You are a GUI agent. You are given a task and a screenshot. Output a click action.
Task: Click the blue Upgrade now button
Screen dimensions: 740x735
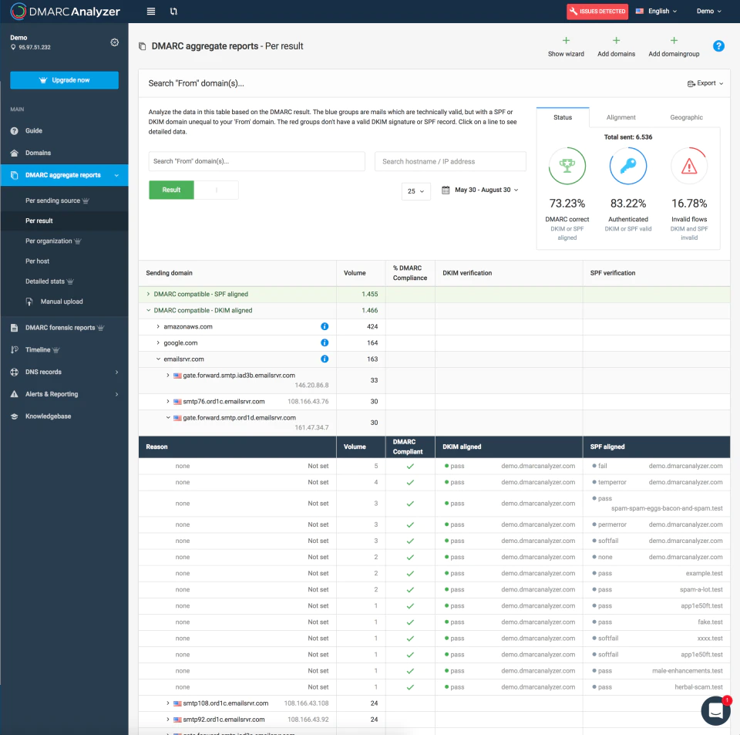pos(64,80)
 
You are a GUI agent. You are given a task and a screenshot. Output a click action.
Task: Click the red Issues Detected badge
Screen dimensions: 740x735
pos(597,12)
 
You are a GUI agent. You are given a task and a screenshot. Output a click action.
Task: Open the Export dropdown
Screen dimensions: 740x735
pos(705,83)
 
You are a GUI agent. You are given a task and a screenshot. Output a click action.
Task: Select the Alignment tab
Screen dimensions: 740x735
pos(621,117)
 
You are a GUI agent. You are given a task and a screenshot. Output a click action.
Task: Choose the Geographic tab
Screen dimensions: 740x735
pos(686,117)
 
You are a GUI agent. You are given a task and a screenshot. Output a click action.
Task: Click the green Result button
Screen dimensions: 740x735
pos(171,190)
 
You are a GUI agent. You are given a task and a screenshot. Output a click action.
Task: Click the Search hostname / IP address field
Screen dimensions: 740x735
pos(450,161)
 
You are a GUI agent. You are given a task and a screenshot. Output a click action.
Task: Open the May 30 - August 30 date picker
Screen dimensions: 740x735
pos(480,190)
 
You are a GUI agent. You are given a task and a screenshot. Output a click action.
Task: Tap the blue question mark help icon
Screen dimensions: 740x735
pos(718,46)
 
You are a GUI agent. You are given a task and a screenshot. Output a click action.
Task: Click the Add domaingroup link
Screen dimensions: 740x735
pos(674,47)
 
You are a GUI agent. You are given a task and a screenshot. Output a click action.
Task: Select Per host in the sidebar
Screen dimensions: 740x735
pos(37,261)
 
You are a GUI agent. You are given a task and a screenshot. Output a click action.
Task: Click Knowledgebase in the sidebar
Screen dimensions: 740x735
pos(48,416)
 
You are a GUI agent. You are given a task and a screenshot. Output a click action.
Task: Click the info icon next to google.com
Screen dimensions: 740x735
pos(325,342)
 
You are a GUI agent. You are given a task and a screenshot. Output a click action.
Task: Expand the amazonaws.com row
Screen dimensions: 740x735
pos(158,327)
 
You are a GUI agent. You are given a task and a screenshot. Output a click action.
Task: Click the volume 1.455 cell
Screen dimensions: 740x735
pos(369,294)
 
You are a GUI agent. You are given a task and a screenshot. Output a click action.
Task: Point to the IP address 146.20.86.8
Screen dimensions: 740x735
pos(312,385)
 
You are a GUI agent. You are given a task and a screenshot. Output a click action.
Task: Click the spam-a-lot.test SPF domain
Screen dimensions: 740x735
pos(701,589)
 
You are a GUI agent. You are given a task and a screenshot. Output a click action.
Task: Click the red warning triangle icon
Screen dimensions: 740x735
pos(689,166)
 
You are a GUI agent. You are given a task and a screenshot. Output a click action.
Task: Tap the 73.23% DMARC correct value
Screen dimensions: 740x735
pos(567,204)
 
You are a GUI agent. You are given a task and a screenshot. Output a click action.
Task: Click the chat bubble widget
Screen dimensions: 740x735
pos(715,710)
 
